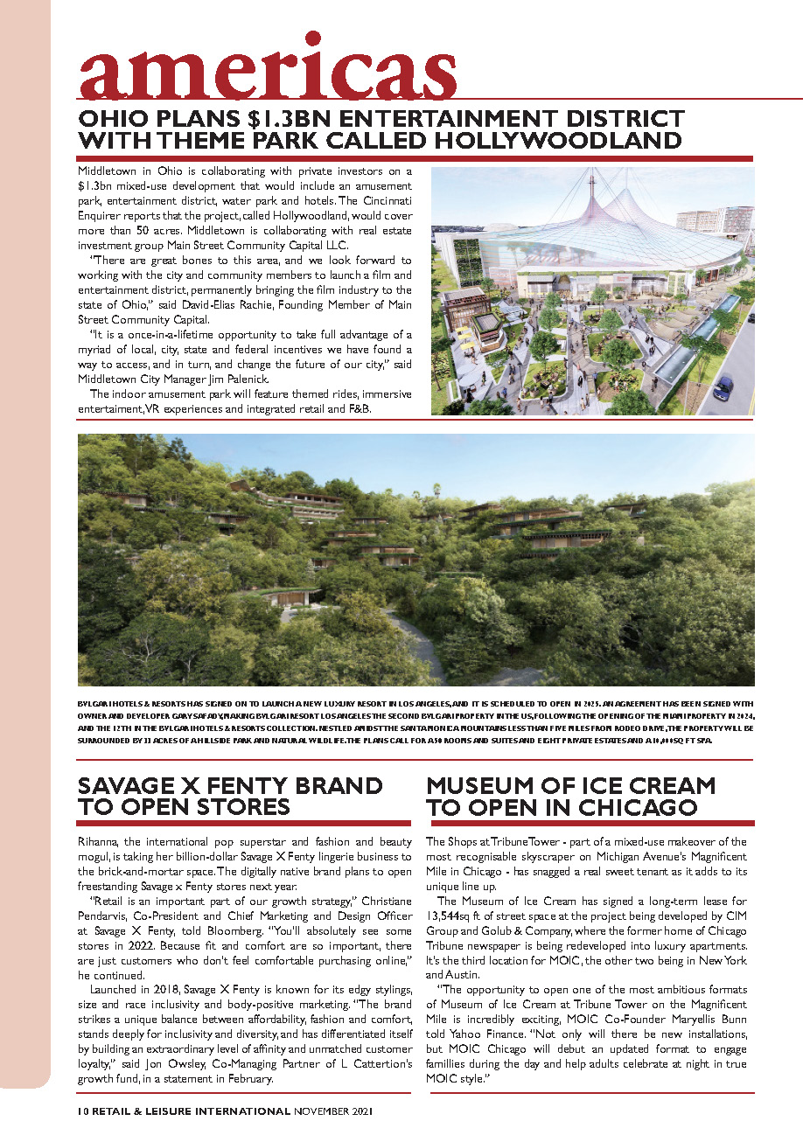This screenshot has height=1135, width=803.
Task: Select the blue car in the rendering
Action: coord(723,386)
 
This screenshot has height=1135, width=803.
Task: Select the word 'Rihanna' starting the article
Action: coord(100,841)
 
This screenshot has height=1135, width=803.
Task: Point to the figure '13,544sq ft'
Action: coord(462,915)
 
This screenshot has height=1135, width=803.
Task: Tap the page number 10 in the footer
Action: coord(82,1111)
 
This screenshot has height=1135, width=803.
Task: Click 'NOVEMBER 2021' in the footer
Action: coord(333,1111)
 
